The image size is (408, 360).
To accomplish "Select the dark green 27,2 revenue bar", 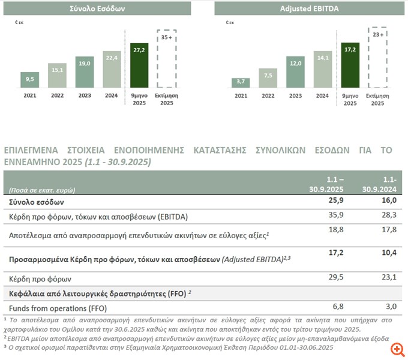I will pos(140,66).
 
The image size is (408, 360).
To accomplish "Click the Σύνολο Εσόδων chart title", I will pos(99,9).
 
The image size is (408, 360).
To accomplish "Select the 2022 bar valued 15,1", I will pos(57,75).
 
